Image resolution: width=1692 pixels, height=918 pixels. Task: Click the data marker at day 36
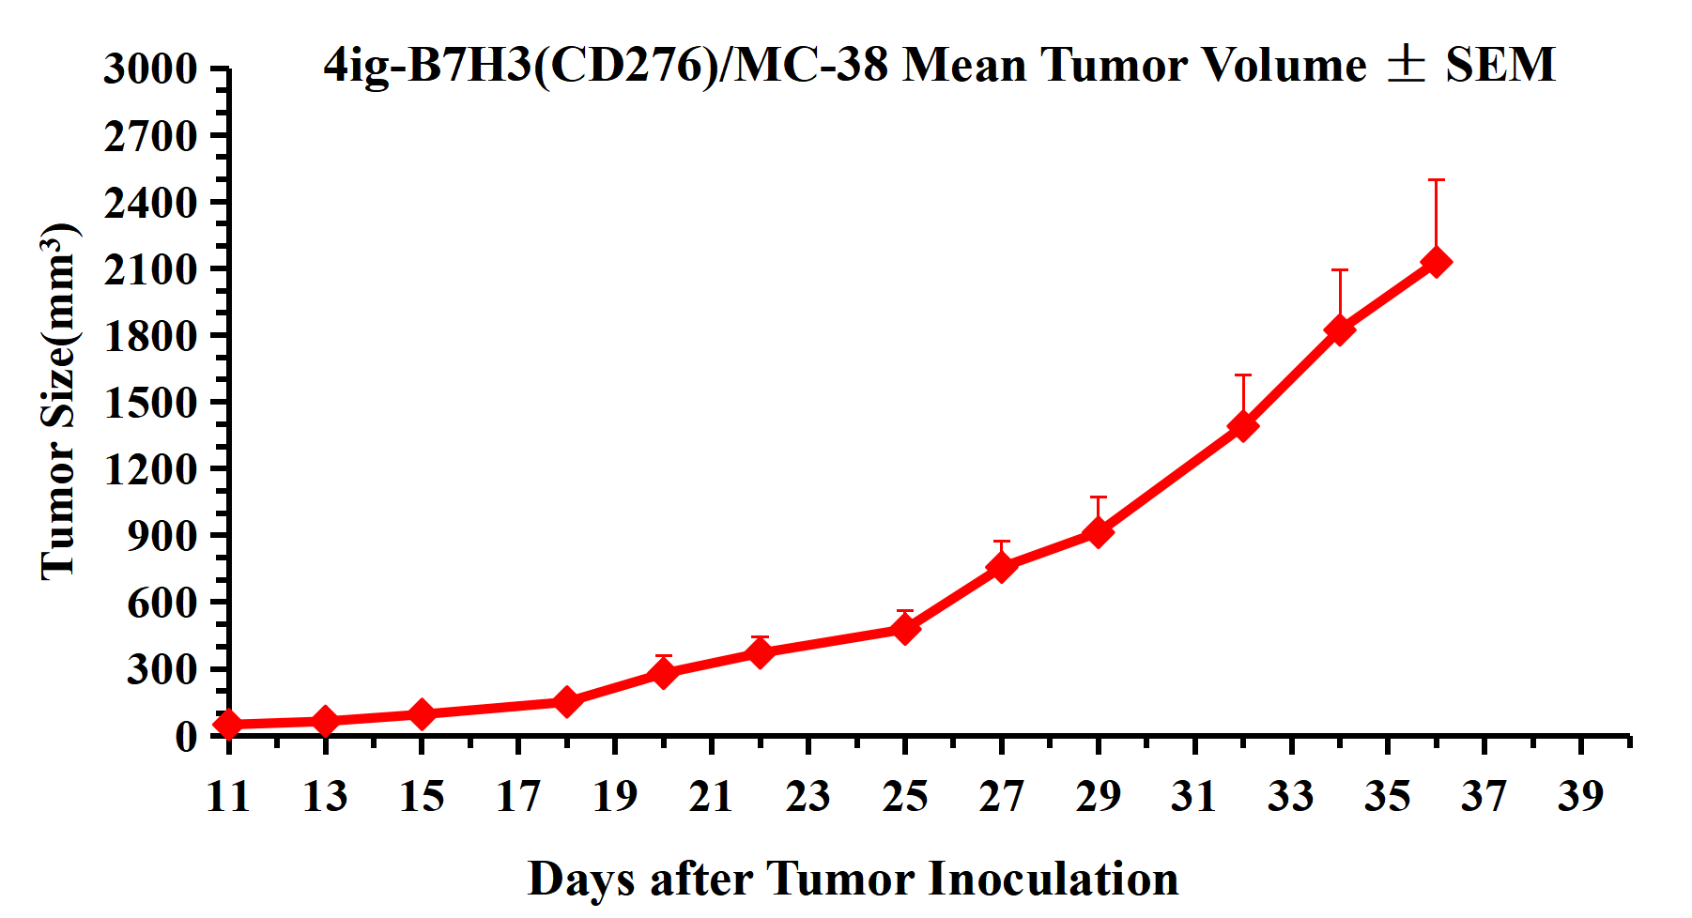pyautogui.click(x=1436, y=262)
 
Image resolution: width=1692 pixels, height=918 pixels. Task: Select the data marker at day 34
pyautogui.click(x=1340, y=329)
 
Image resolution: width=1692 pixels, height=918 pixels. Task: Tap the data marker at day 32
pyautogui.click(x=1243, y=425)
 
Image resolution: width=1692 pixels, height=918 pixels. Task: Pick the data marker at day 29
pyautogui.click(x=1098, y=532)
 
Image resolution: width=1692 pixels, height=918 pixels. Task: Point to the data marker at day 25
pyautogui.click(x=905, y=628)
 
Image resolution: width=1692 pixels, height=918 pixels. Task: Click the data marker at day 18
pyautogui.click(x=566, y=701)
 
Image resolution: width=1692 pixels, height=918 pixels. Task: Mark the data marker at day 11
pyautogui.click(x=228, y=724)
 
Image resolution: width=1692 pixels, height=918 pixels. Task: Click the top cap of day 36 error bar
pyautogui.click(x=1436, y=180)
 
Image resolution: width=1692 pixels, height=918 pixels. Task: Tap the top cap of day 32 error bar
pyautogui.click(x=1243, y=375)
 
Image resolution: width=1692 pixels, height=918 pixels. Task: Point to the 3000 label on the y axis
pyautogui.click(x=150, y=69)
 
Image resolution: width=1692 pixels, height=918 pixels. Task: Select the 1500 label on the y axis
pyautogui.click(x=150, y=403)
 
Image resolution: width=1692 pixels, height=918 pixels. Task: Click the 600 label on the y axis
pyautogui.click(x=162, y=603)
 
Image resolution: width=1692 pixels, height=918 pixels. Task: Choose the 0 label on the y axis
pyautogui.click(x=186, y=736)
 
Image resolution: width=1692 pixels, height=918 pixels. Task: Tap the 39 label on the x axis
pyautogui.click(x=1580, y=797)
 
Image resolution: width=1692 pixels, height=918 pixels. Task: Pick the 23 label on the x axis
pyautogui.click(x=808, y=797)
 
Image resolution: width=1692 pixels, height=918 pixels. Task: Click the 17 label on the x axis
pyautogui.click(x=518, y=797)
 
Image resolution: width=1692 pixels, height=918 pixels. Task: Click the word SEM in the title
pyautogui.click(x=1500, y=65)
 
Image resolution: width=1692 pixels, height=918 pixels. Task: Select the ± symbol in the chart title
pyautogui.click(x=1406, y=64)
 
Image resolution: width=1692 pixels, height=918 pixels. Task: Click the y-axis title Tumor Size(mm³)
pyautogui.click(x=58, y=402)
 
